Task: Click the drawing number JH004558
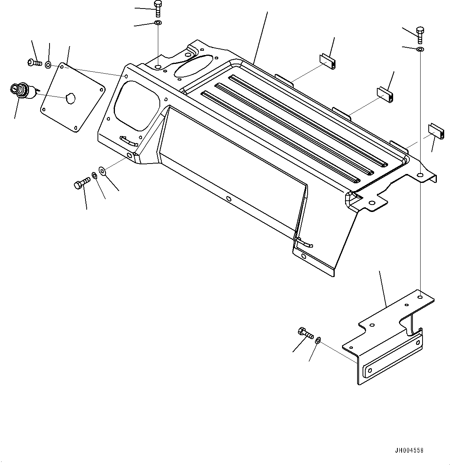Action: pyautogui.click(x=409, y=451)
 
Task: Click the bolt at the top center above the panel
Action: pyautogui.click(x=157, y=9)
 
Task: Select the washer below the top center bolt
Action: pyautogui.click(x=157, y=24)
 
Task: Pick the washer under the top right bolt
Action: pyautogui.click(x=420, y=49)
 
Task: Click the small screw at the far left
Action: pyautogui.click(x=34, y=62)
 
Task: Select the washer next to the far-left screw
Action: pyautogui.click(x=48, y=64)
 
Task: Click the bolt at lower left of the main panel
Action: pyautogui.click(x=81, y=183)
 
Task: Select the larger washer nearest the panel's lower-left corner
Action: pyautogui.click(x=102, y=170)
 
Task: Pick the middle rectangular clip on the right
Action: pyautogui.click(x=385, y=95)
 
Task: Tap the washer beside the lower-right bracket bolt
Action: pyautogui.click(x=318, y=340)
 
